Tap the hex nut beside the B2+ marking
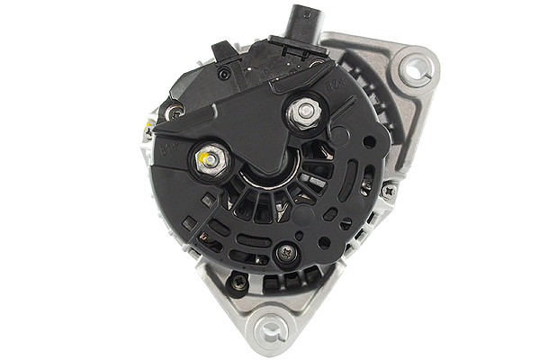pyautogui.click(x=301, y=113)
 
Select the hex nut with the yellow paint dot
pyautogui.click(x=206, y=161)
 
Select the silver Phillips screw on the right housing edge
pyautogui.click(x=388, y=191)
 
